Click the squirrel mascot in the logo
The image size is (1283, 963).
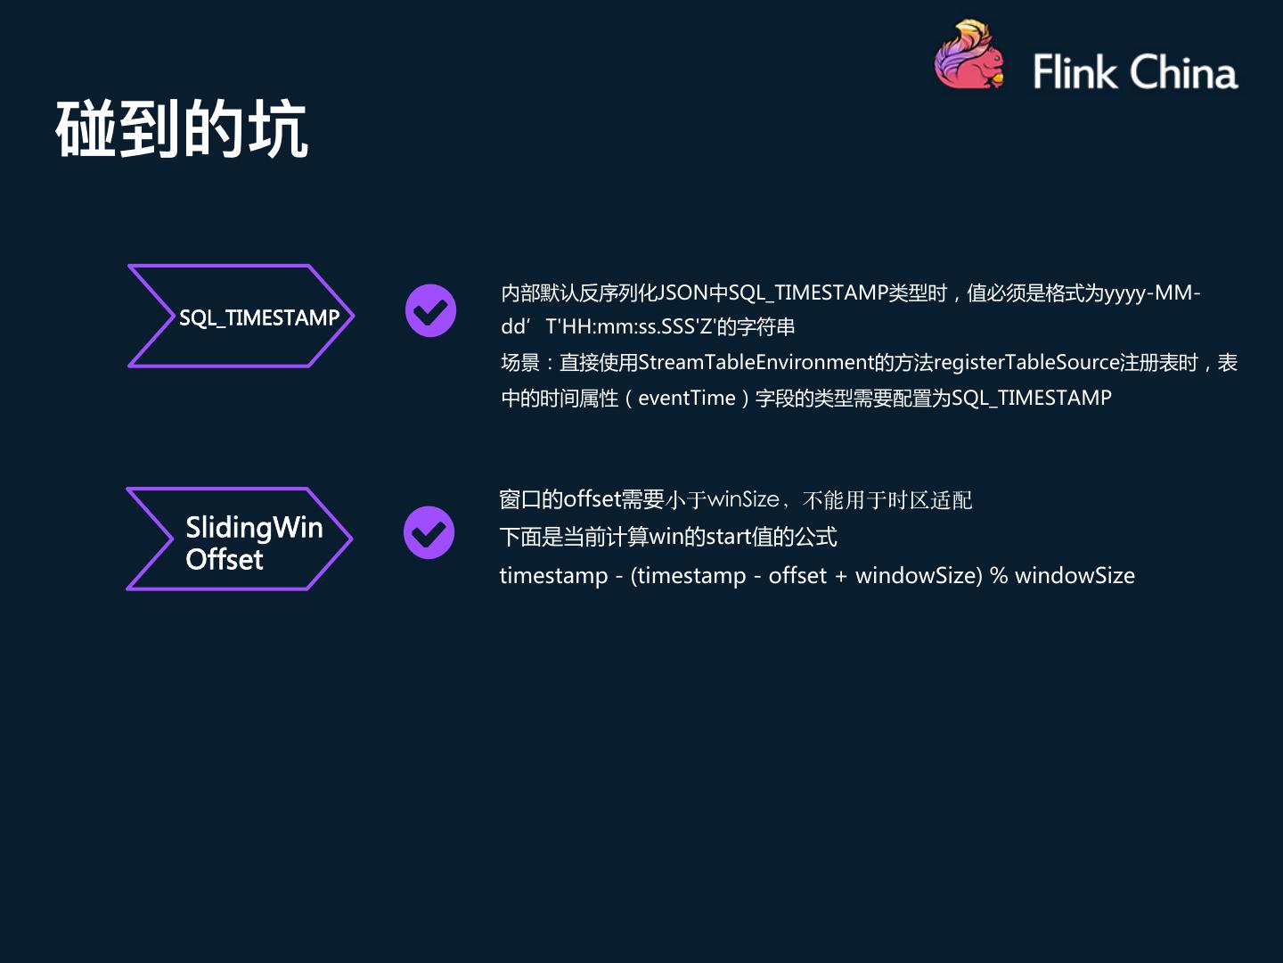(968, 57)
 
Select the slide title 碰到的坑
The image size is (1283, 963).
(182, 130)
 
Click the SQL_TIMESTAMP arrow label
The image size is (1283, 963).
(258, 317)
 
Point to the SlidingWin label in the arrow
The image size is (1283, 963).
(254, 527)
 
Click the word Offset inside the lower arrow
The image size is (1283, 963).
(225, 560)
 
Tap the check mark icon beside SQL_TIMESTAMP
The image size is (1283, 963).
(430, 311)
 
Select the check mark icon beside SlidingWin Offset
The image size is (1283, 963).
(429, 533)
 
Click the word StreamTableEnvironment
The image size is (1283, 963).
(756, 363)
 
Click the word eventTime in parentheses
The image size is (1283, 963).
(686, 399)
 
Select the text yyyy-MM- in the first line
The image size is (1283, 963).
(1152, 293)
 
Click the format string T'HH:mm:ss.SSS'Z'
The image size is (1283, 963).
(631, 327)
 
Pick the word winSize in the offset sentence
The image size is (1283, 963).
(743, 499)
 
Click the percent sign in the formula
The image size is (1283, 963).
(999, 576)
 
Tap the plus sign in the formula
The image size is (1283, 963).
(841, 576)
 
